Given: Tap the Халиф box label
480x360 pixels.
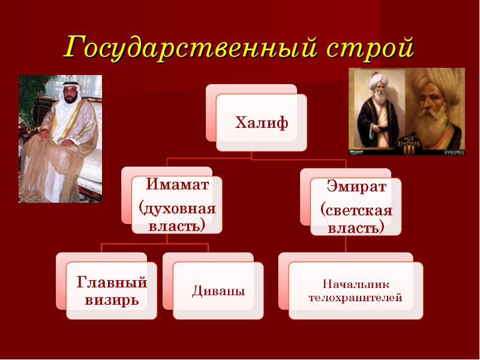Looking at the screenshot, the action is (x=262, y=123).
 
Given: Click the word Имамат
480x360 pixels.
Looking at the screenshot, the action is (x=177, y=184).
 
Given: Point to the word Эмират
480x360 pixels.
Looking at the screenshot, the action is (x=356, y=186).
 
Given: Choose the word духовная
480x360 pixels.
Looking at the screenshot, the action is (x=177, y=209).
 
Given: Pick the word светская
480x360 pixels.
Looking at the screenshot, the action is (x=356, y=211).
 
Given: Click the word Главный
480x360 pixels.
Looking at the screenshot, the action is (x=112, y=282).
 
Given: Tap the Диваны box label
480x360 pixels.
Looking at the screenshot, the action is (x=218, y=290).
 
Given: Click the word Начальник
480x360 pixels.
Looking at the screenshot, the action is (x=356, y=284).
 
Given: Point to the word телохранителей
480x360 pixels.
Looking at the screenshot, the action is (x=355, y=297).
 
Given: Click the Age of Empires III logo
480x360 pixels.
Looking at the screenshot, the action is (x=409, y=143).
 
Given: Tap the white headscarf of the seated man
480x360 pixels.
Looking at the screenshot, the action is (x=71, y=92).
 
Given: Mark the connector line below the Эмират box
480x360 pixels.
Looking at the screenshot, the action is (x=346, y=244).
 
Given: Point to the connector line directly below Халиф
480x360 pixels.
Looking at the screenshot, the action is (x=251, y=155).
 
